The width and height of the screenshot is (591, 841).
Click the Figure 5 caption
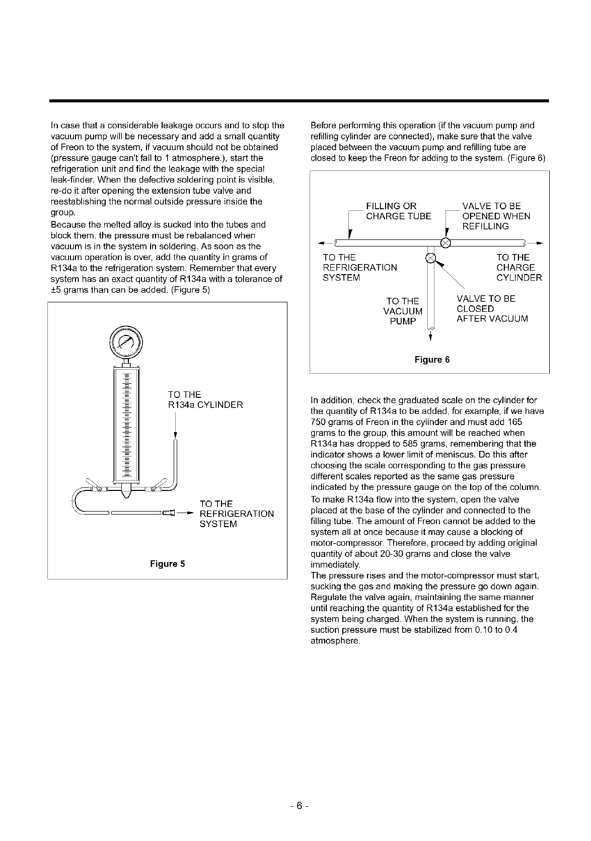click(x=168, y=564)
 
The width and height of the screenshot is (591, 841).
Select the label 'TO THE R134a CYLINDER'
click(x=205, y=400)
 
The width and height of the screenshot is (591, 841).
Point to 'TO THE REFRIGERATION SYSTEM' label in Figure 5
click(x=237, y=514)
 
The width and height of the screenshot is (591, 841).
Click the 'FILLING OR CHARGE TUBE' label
click(x=398, y=211)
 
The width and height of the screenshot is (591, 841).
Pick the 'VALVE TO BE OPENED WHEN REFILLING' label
click(x=496, y=216)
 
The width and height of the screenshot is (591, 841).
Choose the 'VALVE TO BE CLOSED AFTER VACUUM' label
click(x=492, y=309)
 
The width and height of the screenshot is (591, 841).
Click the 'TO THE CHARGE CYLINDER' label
click(x=519, y=268)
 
